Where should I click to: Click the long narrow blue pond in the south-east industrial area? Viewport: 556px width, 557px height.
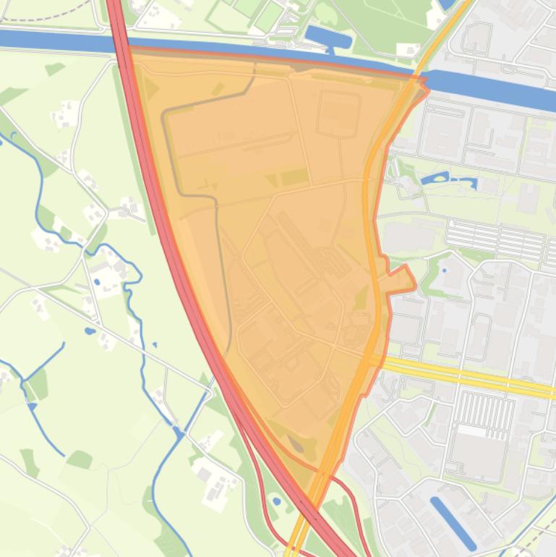pos(453,522)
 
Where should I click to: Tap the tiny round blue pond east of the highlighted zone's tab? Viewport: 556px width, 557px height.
pos(444,270)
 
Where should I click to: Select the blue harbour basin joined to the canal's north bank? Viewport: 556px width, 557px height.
pos(328,37)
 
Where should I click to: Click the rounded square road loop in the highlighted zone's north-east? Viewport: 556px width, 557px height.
pos(338,114)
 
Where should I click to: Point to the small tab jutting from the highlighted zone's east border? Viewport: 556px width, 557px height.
pos(400,279)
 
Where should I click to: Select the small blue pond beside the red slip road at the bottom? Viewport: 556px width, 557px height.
pos(276,501)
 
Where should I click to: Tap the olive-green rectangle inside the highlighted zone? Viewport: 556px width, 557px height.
pos(294,177)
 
